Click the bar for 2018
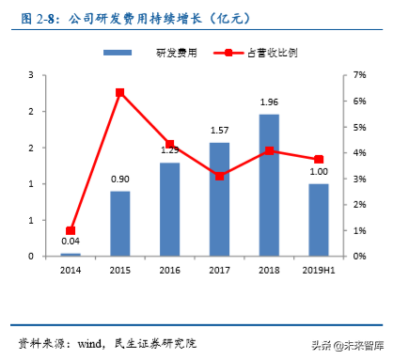pos(269,185)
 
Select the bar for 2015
pos(120,224)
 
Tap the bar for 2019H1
pos(319,220)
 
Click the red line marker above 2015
pos(120,92)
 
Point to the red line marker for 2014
pos(71,230)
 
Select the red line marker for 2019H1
pos(319,160)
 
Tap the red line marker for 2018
pos(269,150)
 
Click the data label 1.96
pos(269,102)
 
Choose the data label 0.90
pos(120,180)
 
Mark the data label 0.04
pos(71,242)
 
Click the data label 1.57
pos(220,131)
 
